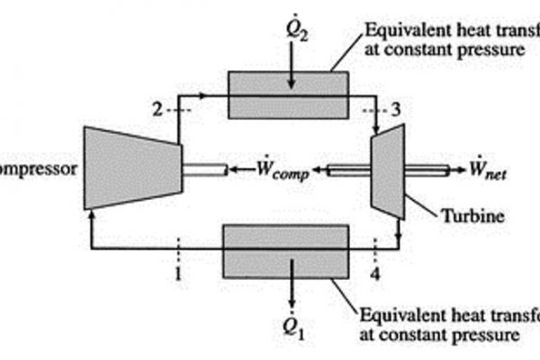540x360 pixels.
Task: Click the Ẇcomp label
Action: pyautogui.click(x=280, y=171)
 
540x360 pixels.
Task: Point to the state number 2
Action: pyautogui.click(x=157, y=109)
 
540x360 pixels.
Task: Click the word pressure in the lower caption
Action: pyautogui.click(x=482, y=335)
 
